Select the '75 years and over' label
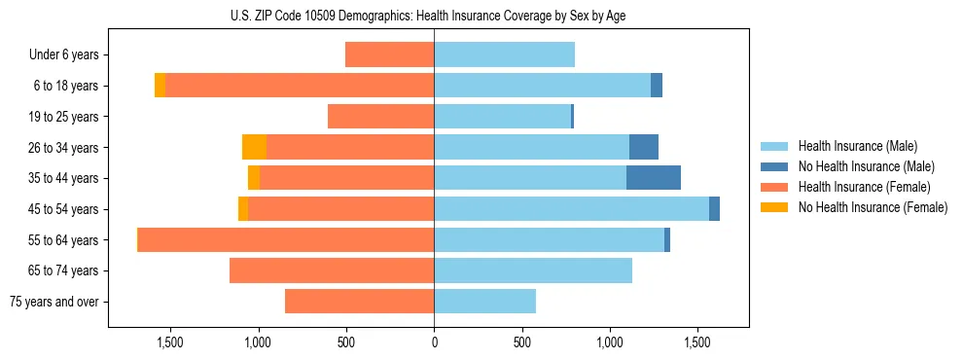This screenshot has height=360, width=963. (54, 302)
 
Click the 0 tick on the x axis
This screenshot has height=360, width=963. (434, 343)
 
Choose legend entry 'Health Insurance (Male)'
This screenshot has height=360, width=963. (852, 146)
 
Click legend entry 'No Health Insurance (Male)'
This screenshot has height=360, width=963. (859, 166)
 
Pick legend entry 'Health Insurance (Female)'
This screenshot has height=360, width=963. (857, 187)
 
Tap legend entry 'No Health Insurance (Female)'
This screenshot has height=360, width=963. (865, 207)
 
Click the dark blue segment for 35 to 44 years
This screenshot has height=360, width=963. (653, 178)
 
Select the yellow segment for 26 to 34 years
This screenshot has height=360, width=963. (254, 147)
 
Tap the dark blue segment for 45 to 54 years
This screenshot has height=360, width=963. (714, 209)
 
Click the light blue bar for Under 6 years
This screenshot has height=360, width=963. (504, 54)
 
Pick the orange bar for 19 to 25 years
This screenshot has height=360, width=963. (380, 117)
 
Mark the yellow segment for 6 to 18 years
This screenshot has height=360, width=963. (160, 86)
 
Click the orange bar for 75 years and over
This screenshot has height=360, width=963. (359, 302)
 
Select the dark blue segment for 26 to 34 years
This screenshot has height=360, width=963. (643, 147)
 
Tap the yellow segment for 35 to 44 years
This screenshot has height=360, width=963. (253, 178)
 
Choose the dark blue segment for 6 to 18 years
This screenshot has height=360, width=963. (657, 86)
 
